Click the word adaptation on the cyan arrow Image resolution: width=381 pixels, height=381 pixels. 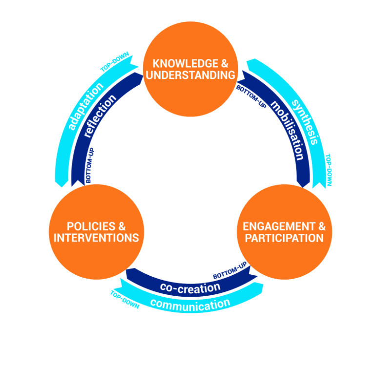pos(85,106)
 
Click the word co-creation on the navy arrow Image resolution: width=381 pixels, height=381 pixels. pos(190,287)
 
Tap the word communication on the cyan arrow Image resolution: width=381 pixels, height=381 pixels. pos(190,305)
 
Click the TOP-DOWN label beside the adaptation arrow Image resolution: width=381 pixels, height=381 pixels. pos(115,62)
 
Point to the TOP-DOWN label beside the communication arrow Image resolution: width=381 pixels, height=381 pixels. pos(124,300)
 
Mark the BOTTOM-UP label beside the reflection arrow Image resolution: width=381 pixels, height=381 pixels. pos(89,165)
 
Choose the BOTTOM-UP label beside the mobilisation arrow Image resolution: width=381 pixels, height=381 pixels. pos(251,96)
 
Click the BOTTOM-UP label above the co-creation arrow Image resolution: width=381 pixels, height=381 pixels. pos(230,271)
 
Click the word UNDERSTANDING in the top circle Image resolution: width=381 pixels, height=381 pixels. pos(190,76)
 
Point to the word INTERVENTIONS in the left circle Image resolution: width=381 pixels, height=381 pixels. pos(96,238)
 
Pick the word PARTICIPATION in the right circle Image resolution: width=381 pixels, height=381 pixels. pos(284,238)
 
